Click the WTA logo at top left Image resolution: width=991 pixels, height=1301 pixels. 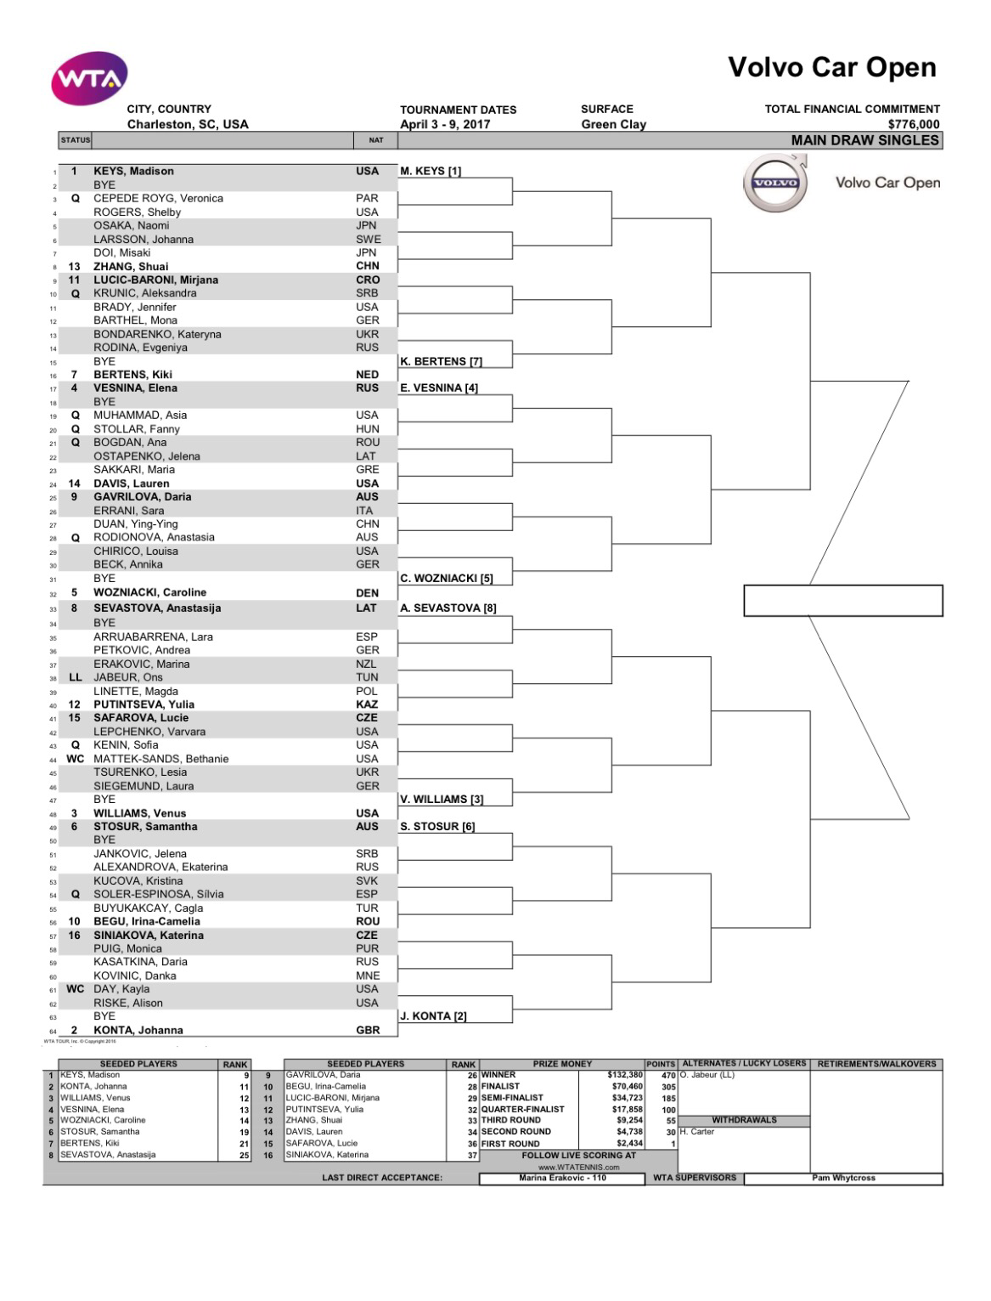pos(89,79)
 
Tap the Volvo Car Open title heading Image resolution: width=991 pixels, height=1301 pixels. pos(831,68)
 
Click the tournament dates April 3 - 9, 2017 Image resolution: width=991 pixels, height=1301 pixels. pos(445,124)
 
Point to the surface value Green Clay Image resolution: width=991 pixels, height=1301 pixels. pos(613,124)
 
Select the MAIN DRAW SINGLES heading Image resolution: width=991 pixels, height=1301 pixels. pos(864,140)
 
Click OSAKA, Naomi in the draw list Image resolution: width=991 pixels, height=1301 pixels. pos(131,225)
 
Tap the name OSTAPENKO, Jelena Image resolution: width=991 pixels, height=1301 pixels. pos(146,456)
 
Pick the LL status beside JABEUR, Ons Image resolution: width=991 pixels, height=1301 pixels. pos(76,677)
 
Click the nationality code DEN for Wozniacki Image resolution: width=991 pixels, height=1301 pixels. pos(367,592)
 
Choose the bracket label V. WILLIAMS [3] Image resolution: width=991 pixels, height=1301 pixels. pos(442,799)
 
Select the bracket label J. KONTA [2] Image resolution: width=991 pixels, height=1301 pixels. pos(433,1015)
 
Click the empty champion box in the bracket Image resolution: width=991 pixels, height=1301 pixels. pos(842,600)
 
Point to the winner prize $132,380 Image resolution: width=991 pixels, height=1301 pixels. pos(624,1075)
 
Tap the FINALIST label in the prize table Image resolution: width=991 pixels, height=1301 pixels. pos(501,1086)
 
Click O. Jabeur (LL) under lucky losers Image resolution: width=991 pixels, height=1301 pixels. pos(707,1075)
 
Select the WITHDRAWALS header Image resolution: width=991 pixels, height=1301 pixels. pos(744,1120)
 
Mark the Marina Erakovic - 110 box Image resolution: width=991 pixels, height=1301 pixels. pos(562,1178)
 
